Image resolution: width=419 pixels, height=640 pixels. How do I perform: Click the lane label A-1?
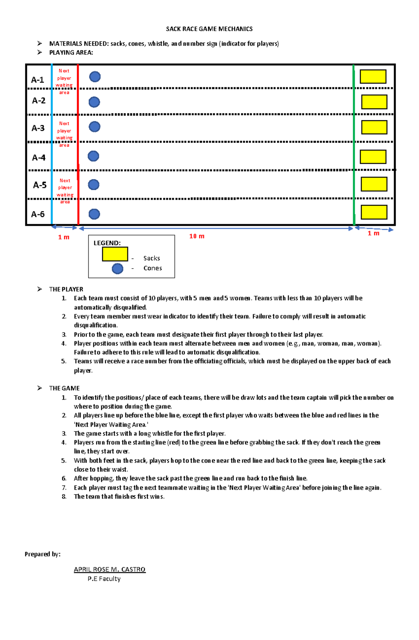click(37, 80)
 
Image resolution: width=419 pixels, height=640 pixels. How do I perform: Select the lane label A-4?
click(38, 158)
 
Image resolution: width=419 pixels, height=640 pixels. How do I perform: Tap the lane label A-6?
click(38, 214)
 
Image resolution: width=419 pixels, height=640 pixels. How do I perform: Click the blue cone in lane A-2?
click(94, 102)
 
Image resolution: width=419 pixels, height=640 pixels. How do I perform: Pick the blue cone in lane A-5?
click(94, 185)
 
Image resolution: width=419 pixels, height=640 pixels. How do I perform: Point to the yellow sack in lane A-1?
click(373, 76)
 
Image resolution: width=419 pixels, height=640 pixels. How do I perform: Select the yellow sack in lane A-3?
click(374, 127)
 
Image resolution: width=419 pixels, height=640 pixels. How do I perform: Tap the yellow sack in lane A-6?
click(374, 212)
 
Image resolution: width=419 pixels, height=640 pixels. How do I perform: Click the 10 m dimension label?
click(197, 236)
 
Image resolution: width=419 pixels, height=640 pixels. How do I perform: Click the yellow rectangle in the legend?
click(115, 254)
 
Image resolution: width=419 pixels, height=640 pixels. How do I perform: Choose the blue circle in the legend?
click(117, 269)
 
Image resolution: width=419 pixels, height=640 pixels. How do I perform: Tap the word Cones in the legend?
click(153, 268)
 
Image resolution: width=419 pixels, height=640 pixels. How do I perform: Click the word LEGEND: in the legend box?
click(107, 243)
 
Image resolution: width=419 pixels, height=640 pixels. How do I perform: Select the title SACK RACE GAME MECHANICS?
click(209, 29)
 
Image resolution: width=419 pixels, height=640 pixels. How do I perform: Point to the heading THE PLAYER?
click(66, 289)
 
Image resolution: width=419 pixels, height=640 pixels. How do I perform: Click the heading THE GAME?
click(64, 388)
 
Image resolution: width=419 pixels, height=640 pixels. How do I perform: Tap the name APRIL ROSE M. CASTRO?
click(110, 569)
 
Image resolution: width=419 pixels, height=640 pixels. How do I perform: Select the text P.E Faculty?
click(104, 579)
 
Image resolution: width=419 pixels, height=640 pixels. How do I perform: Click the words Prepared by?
click(43, 554)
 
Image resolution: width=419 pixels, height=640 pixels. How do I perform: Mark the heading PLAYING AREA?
click(71, 53)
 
